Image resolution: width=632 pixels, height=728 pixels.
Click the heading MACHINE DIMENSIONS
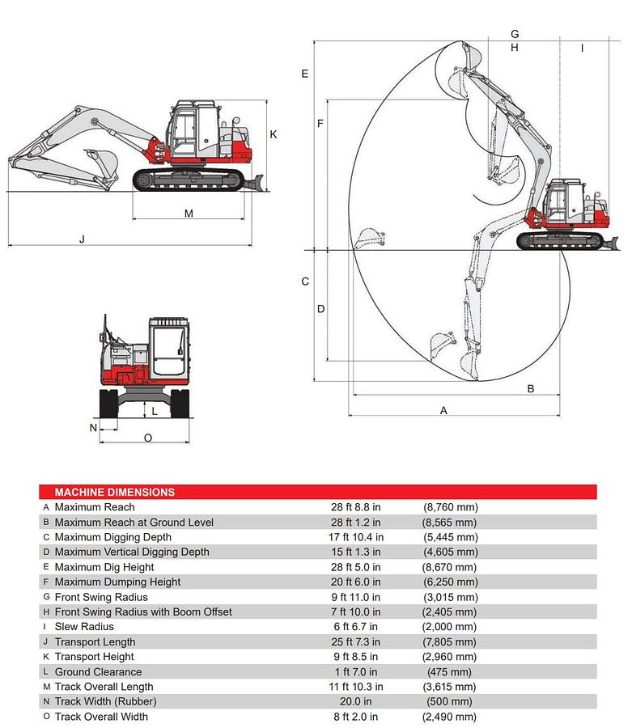tap(114, 492)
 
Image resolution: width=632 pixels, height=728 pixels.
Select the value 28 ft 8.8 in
tap(355, 507)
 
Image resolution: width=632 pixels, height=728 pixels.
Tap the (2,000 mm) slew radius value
tap(449, 627)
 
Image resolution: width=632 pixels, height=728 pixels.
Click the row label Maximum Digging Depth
tap(112, 537)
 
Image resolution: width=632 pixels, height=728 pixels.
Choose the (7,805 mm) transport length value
tap(449, 642)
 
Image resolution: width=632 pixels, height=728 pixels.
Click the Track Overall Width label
tap(101, 717)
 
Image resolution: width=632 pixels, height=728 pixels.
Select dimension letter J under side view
tap(82, 239)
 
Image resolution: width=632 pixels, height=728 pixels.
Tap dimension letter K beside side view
tap(274, 134)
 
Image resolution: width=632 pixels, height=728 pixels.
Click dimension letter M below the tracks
tap(189, 214)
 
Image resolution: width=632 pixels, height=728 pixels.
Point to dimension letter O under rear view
tap(147, 438)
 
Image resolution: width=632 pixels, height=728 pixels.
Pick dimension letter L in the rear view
tap(155, 411)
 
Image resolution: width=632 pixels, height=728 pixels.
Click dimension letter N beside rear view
tap(93, 427)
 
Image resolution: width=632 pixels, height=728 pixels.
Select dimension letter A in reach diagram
tap(443, 410)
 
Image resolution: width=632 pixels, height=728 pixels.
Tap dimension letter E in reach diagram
tap(304, 74)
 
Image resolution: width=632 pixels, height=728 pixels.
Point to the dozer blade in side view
tap(251, 180)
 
